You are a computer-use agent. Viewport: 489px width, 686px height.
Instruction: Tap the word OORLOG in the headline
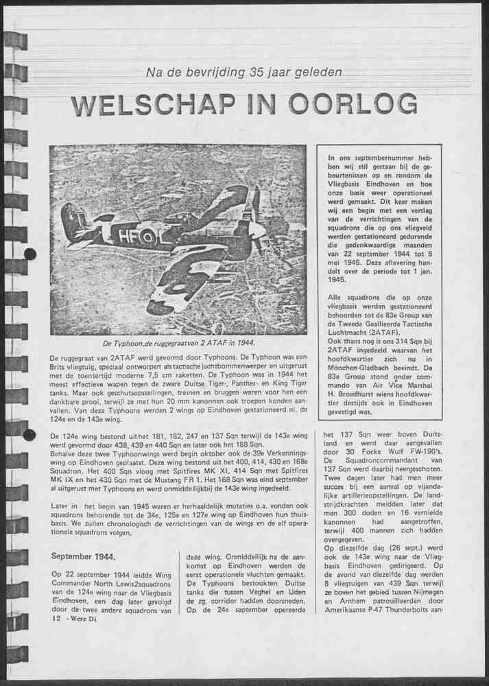353,104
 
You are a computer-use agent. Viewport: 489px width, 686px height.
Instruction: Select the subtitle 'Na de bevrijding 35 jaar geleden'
244,73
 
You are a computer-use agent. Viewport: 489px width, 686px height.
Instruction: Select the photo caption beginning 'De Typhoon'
178,343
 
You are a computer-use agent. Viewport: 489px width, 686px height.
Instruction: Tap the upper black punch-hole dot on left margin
29,255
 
